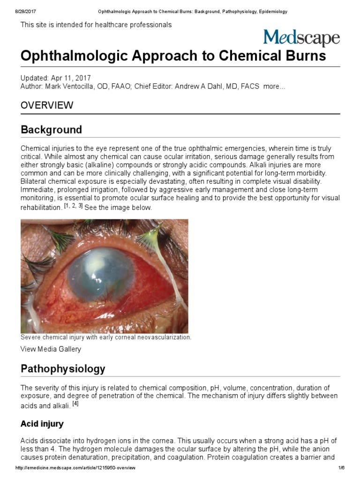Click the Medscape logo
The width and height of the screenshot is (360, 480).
pos(301,38)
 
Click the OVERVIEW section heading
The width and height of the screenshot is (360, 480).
pos(47,105)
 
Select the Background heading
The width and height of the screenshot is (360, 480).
pos(51,129)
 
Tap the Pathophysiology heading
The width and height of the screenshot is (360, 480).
pos(63,368)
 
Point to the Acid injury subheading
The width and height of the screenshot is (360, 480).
pos(42,424)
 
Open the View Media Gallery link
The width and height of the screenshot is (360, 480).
pos(51,349)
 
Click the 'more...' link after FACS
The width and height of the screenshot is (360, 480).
pos(274,87)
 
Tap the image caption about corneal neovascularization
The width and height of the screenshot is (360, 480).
pos(106,337)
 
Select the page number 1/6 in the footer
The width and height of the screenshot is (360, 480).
pos(341,468)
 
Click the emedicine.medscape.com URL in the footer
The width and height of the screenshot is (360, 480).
pos(75,468)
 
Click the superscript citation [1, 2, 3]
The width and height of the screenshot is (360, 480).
pos(73,206)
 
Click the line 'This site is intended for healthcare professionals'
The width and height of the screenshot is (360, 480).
pos(96,24)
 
